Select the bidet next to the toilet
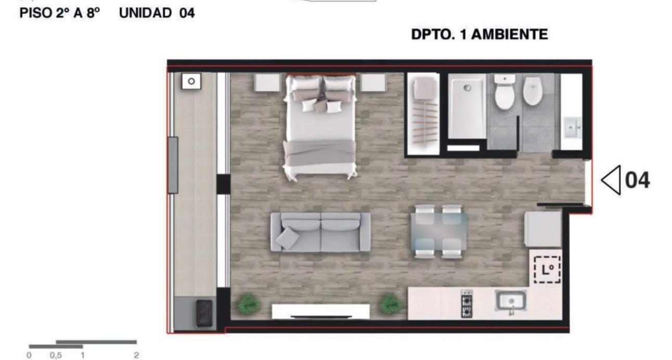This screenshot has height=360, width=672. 532,91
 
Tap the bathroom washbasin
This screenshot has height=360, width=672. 572,127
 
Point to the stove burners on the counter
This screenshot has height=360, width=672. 466,303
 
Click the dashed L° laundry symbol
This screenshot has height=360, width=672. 547,269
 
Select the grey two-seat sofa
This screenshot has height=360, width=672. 320,232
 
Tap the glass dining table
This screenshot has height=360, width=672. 439,231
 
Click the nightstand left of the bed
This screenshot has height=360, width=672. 267,82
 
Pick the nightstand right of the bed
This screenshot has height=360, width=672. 373,82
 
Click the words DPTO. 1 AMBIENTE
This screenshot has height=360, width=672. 479,34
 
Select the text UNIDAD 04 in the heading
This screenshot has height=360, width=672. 157,13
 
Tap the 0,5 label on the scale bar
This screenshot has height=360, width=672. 56,355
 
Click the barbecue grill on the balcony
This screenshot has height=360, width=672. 204,313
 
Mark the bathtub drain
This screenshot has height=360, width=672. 467,88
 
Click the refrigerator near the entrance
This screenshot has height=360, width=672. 543,229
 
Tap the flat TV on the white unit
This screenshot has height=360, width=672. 321,316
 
